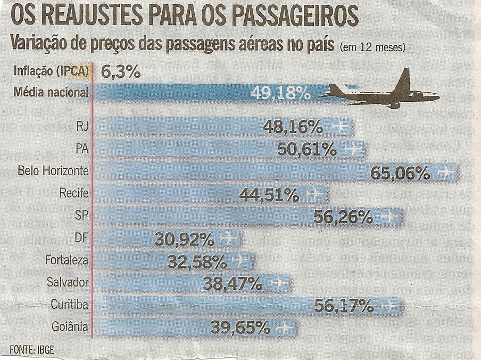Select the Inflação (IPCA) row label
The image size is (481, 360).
pyautogui.click(x=51, y=72)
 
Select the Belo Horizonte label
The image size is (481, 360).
pyautogui.click(x=53, y=171)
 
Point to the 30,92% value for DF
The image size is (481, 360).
pyautogui.click(x=186, y=239)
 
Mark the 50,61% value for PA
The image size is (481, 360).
pyautogui.click(x=306, y=150)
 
